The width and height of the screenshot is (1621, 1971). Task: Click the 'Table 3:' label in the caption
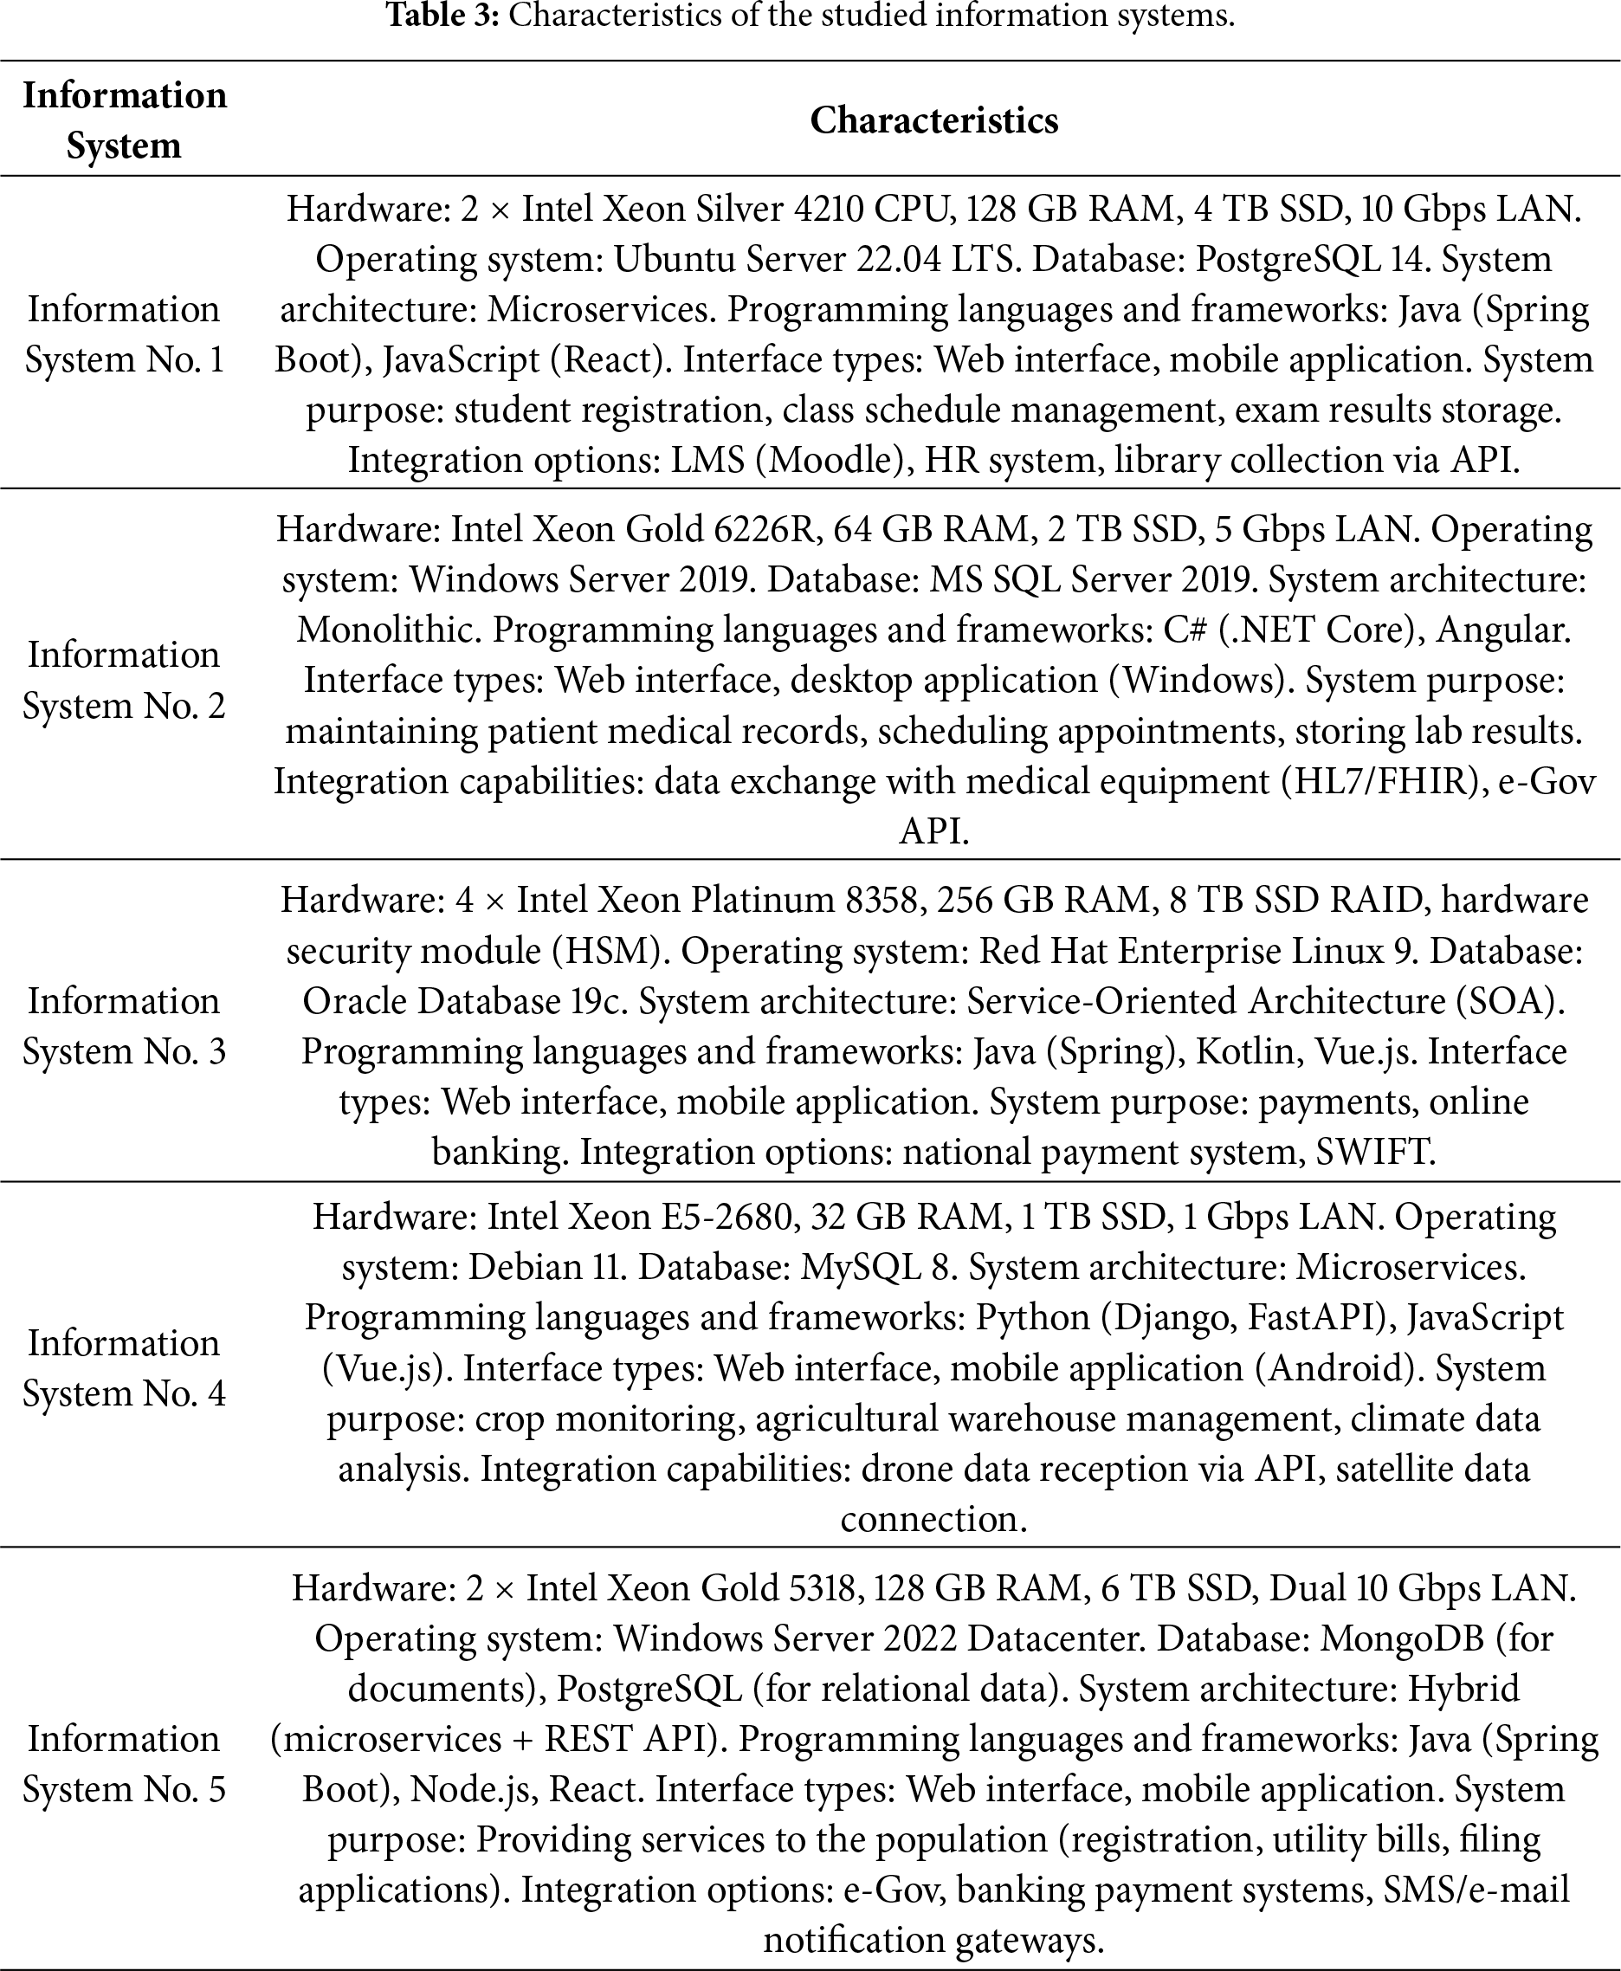click(x=442, y=16)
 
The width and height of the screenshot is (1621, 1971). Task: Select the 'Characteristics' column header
click(x=933, y=120)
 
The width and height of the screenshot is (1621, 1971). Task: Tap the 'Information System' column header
click(x=124, y=120)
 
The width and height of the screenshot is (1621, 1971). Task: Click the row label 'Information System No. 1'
click(x=124, y=334)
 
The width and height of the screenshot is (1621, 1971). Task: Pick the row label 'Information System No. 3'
click(x=124, y=1026)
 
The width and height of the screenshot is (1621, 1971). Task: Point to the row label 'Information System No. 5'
click(x=124, y=1764)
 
